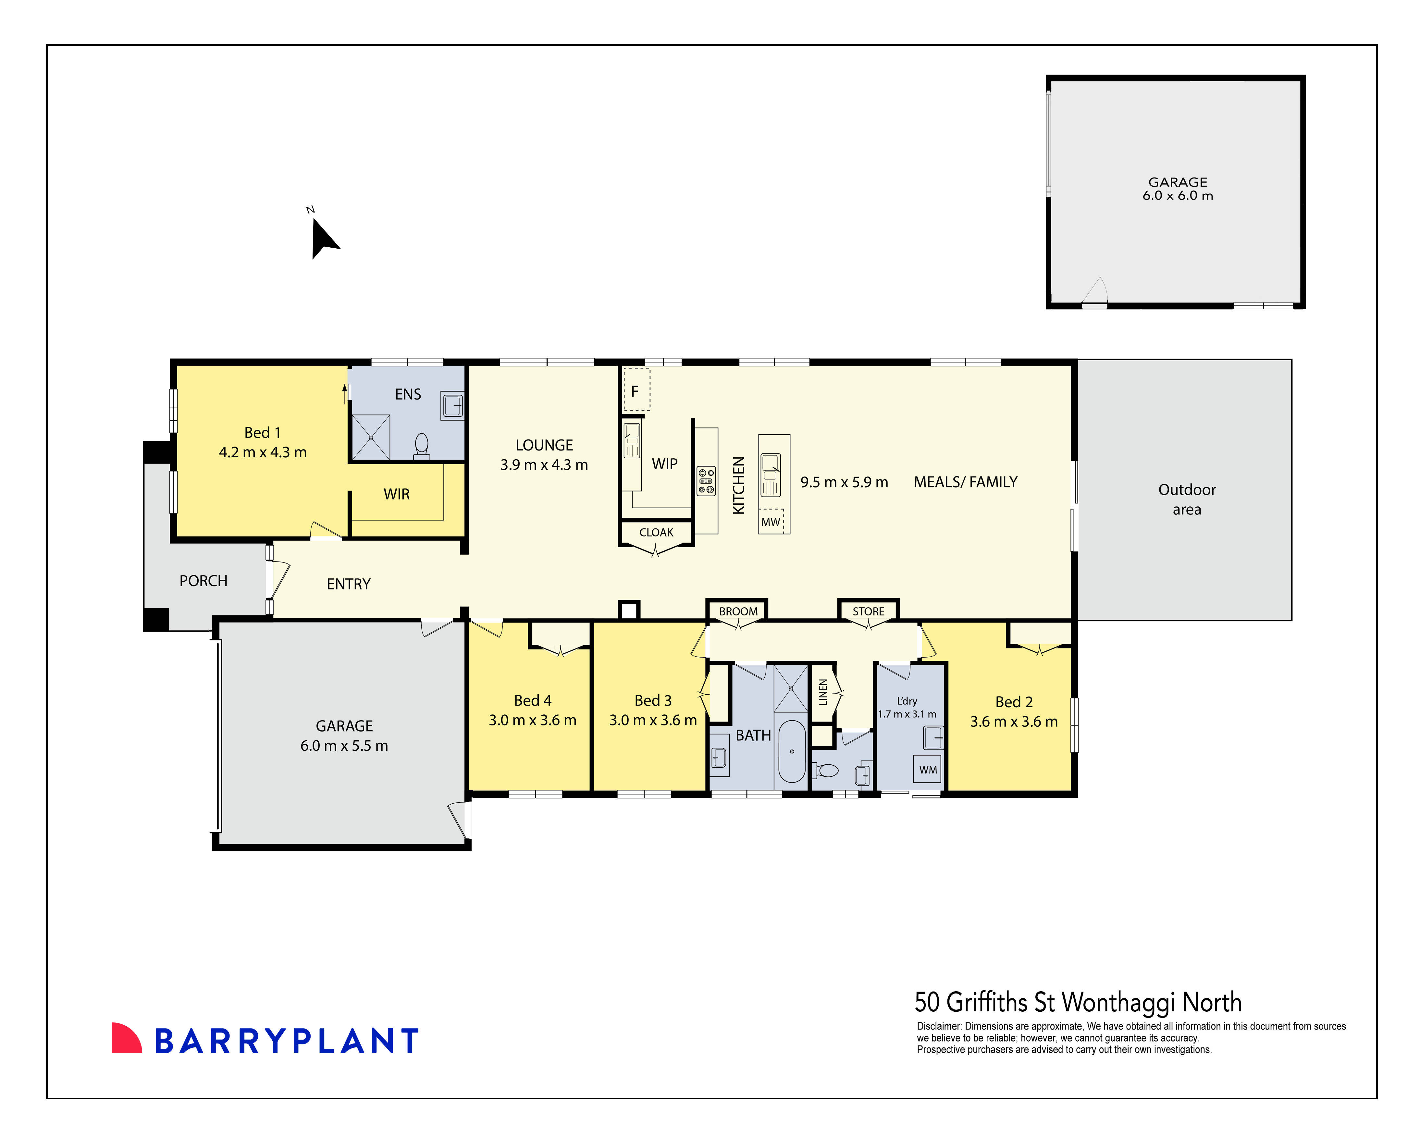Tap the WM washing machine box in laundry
pyautogui.click(x=927, y=769)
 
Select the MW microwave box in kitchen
pyautogui.click(x=771, y=522)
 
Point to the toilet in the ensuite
pyautogui.click(x=422, y=445)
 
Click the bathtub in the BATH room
pyautogui.click(x=792, y=751)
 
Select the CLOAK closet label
pyautogui.click(x=656, y=532)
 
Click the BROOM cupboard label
pyautogui.click(x=738, y=611)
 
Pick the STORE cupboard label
pyautogui.click(x=868, y=611)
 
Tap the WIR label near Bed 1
pyautogui.click(x=397, y=494)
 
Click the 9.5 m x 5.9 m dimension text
pyautogui.click(x=844, y=482)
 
